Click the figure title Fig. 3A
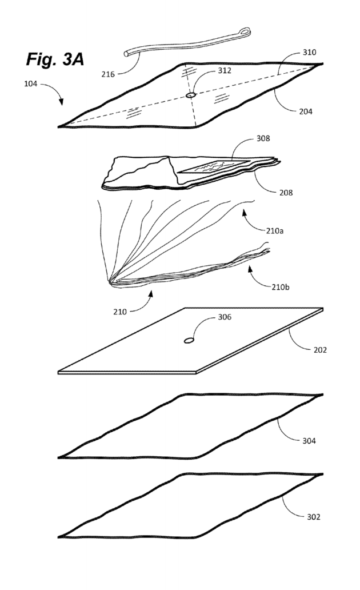point(55,59)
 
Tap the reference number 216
point(108,74)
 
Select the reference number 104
point(31,83)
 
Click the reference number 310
point(310,52)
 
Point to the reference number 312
point(225,70)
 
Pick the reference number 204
point(306,111)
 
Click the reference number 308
point(263,138)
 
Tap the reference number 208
point(286,193)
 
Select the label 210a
point(275,230)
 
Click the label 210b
point(281,287)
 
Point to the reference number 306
point(225,317)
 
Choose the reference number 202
point(320,350)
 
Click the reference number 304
point(309,441)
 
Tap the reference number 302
point(314,517)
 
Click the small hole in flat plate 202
point(189,341)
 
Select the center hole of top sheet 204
point(191,95)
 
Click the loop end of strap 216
point(246,32)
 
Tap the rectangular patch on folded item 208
point(213,166)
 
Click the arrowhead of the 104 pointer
point(61,102)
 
